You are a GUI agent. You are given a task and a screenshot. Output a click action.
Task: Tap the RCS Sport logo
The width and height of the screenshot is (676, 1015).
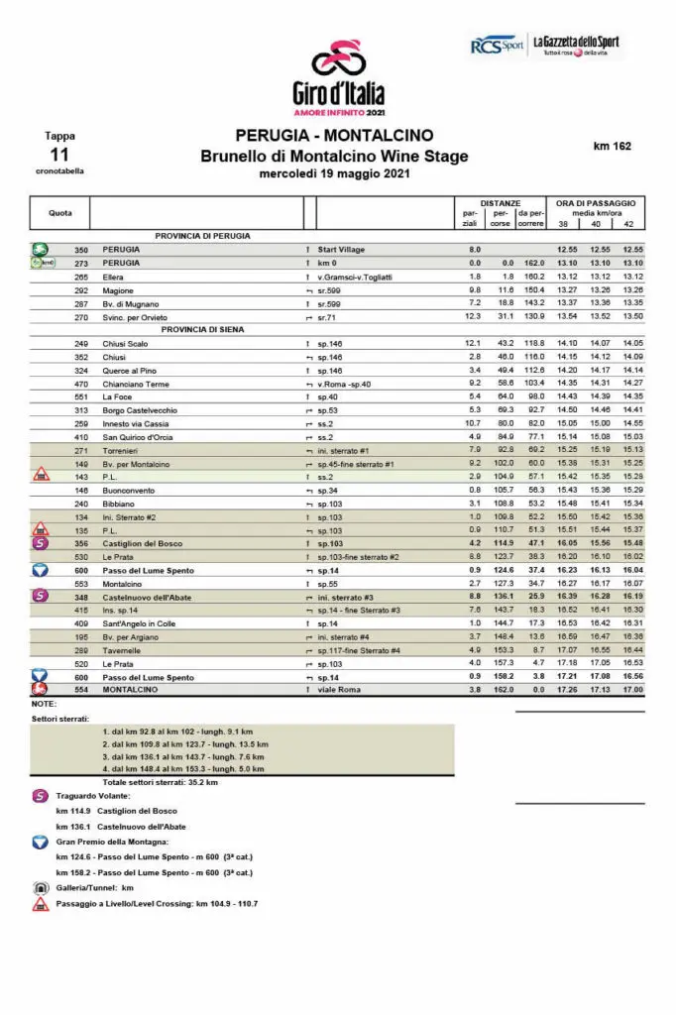(497, 46)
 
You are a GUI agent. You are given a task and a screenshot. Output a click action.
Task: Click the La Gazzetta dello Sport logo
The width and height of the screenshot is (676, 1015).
(576, 46)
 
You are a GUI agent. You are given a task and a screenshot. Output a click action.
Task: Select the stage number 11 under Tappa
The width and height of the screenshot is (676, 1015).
(59, 154)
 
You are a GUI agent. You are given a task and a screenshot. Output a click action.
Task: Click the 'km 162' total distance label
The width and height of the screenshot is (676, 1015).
(612, 146)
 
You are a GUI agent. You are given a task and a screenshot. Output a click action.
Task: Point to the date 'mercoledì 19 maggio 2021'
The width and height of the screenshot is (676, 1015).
(334, 173)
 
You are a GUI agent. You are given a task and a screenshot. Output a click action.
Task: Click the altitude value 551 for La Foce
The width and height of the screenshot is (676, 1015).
(81, 396)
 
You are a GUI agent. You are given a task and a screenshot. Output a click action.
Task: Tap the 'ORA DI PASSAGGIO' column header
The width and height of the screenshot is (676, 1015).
(595, 202)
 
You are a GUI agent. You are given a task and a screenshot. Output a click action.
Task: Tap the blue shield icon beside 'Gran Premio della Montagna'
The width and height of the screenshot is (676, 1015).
(40, 841)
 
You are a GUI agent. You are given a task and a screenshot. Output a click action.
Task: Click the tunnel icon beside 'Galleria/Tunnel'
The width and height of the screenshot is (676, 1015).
(40, 888)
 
